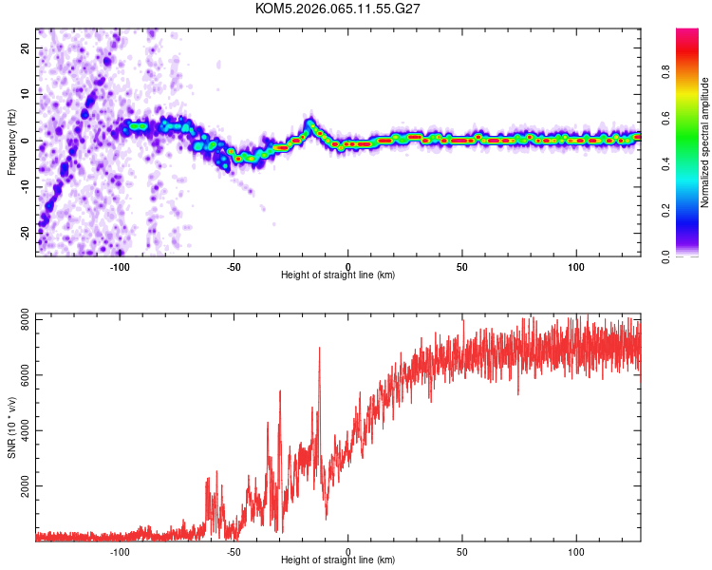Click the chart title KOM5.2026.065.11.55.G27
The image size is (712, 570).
(338, 9)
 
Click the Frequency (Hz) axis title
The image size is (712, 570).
(12, 142)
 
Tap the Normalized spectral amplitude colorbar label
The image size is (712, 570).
(705, 142)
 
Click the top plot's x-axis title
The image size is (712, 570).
(338, 275)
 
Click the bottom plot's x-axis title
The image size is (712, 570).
(338, 560)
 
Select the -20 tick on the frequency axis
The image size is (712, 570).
(24, 233)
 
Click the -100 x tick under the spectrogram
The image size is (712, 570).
(120, 266)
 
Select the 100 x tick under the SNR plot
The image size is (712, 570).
(576, 551)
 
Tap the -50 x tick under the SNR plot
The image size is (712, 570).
(234, 551)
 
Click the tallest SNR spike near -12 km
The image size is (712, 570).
(319, 349)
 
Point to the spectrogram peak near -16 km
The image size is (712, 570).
(311, 123)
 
